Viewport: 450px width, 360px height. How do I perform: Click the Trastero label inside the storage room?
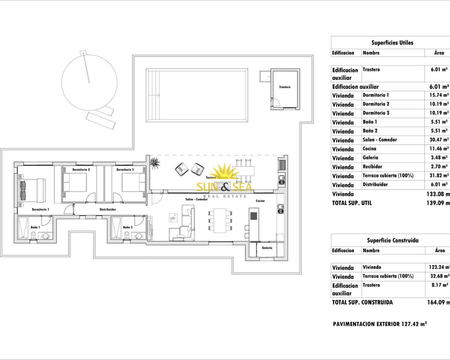(285, 87)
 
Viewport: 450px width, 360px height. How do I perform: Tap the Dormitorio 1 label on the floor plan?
(40, 210)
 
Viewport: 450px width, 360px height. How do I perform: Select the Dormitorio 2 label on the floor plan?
(81, 170)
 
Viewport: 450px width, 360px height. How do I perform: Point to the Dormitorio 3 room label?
(125, 170)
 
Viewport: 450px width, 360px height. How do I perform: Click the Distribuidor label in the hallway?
(108, 210)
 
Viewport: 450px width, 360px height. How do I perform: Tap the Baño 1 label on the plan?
(35, 227)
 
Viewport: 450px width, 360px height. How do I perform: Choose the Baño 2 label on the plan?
(128, 227)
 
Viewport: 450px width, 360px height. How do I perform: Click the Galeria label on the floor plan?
(267, 248)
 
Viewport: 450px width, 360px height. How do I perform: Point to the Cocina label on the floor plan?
(260, 201)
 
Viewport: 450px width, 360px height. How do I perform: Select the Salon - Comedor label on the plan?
(197, 199)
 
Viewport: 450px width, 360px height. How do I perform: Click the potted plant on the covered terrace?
(154, 163)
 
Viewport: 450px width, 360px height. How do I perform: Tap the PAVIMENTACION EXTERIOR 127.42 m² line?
(380, 324)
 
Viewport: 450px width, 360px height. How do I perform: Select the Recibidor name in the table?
(372, 167)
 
